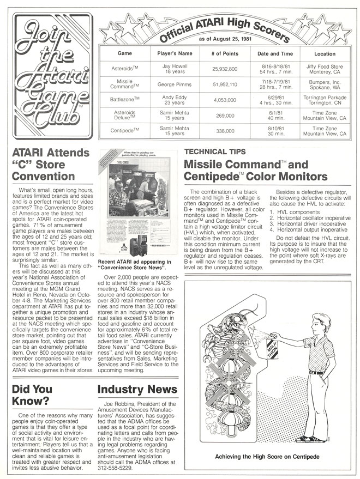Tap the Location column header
pyautogui.click(x=325, y=53)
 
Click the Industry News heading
pyautogui.click(x=137, y=389)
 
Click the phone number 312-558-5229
pyautogui.click(x=116, y=467)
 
